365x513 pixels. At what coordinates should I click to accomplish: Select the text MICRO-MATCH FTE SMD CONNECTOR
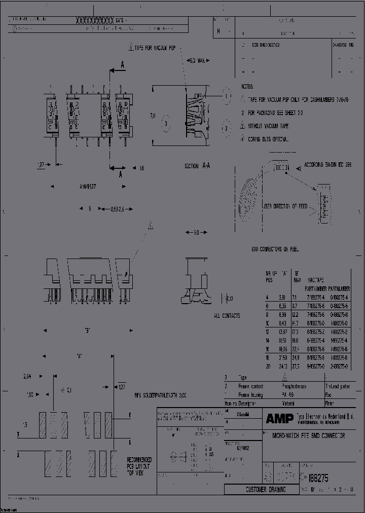pyautogui.click(x=309, y=435)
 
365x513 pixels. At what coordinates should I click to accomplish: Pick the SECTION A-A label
pyautogui.click(x=198, y=166)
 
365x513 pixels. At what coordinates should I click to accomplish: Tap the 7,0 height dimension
pyautogui.click(x=153, y=116)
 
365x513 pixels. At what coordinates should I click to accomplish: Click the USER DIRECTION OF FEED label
pyautogui.click(x=285, y=206)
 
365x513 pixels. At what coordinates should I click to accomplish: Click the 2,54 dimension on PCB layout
pyautogui.click(x=27, y=377)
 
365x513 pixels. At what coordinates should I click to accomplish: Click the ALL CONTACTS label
pyautogui.click(x=227, y=316)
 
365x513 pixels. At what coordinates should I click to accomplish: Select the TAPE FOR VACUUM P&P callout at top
pyautogui.click(x=153, y=48)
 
